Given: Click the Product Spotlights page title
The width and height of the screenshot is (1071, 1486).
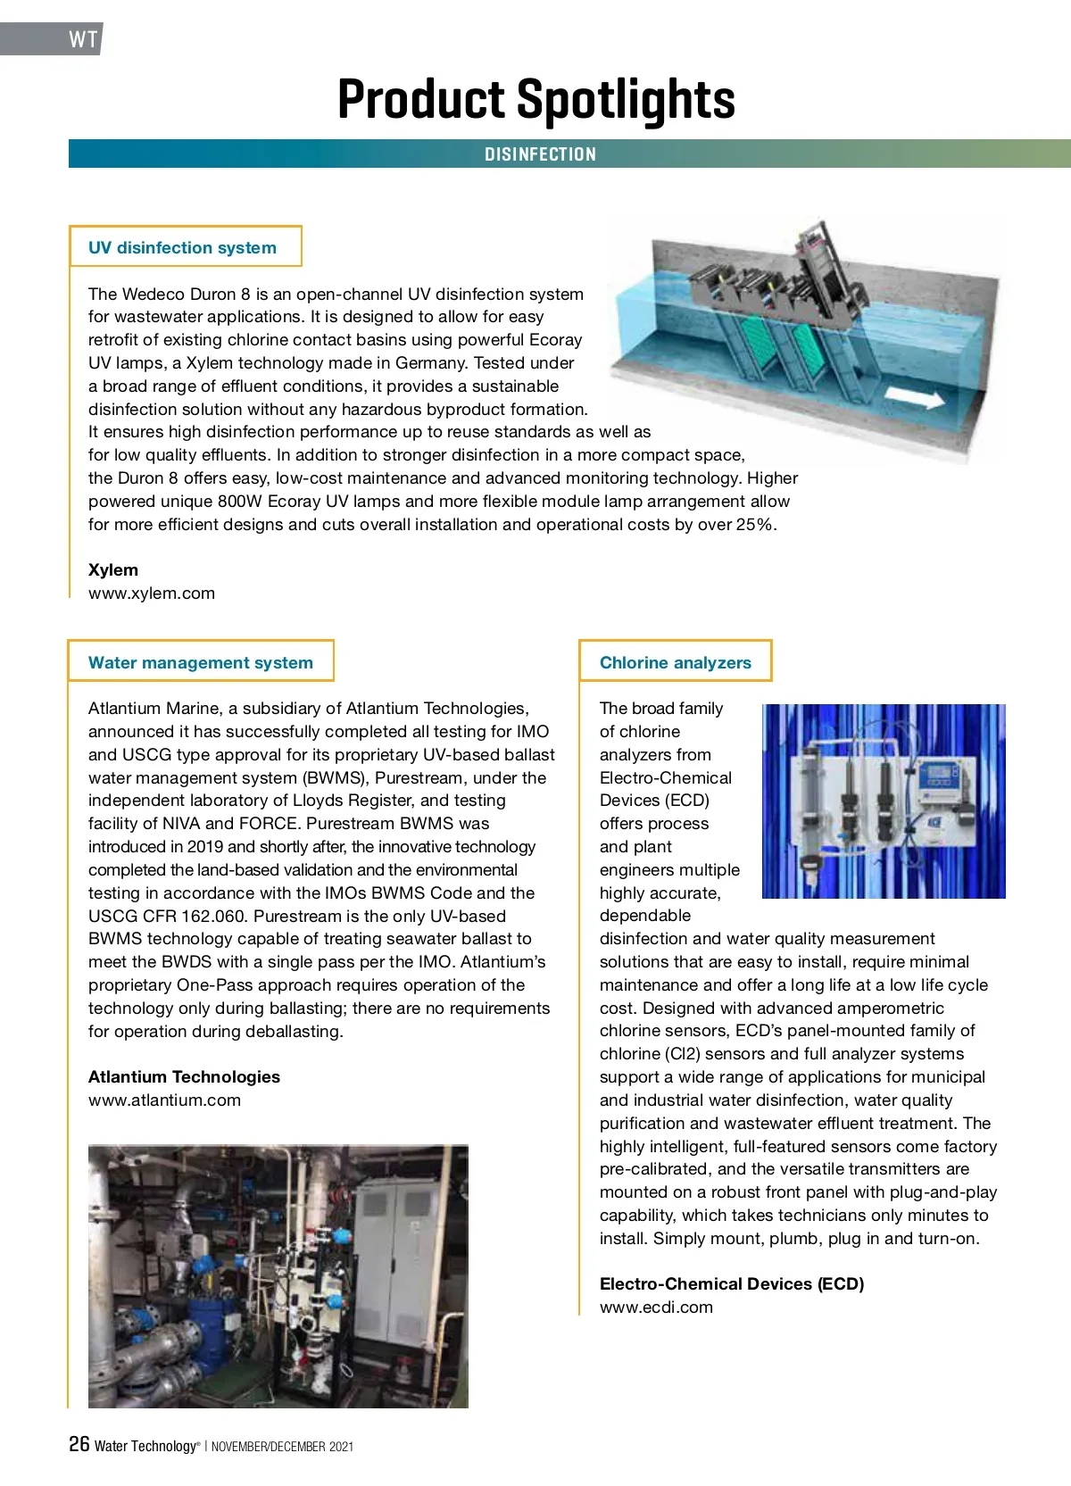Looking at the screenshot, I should pyautogui.click(x=536, y=99).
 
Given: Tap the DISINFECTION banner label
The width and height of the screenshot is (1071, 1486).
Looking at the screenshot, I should pyautogui.click(x=540, y=154).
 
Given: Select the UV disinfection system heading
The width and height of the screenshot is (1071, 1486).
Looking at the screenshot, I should pyautogui.click(x=182, y=247).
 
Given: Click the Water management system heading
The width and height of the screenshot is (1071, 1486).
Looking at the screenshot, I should pyautogui.click(x=201, y=662).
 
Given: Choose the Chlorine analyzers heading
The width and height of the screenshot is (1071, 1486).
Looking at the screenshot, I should pyautogui.click(x=675, y=662).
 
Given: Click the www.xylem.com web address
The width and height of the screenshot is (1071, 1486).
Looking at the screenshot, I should pyautogui.click(x=152, y=594).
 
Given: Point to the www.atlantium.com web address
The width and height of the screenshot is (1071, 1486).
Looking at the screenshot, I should pyautogui.click(x=164, y=1100).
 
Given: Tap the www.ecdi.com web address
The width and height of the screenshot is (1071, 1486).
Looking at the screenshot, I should pyautogui.click(x=656, y=1308).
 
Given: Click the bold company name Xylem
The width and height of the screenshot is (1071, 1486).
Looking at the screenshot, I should pyautogui.click(x=113, y=570).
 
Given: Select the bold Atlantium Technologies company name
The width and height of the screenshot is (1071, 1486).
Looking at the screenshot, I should pyautogui.click(x=184, y=1077).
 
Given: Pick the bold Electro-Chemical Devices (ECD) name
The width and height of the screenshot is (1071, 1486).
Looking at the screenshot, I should pyautogui.click(x=732, y=1284).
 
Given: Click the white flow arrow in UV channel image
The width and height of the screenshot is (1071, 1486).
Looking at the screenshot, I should pyautogui.click(x=912, y=398).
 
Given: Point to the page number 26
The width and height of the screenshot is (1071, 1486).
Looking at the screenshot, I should pyautogui.click(x=79, y=1443).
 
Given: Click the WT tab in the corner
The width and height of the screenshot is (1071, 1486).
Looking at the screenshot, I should pyautogui.click(x=82, y=39).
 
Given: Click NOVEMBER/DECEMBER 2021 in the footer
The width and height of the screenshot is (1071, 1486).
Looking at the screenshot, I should pyautogui.click(x=282, y=1447).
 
